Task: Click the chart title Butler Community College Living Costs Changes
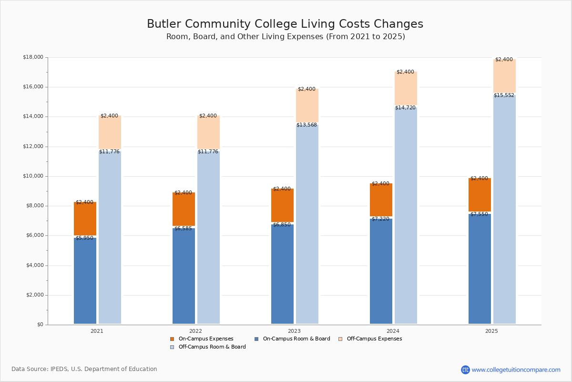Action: click(x=285, y=24)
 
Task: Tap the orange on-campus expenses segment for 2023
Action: click(x=282, y=205)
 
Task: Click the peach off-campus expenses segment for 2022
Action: click(x=208, y=132)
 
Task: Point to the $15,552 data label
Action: click(x=504, y=95)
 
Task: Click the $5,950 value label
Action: click(x=84, y=238)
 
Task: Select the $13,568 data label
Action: click(x=306, y=125)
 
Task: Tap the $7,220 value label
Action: click(x=380, y=219)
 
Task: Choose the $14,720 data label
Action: click(x=405, y=108)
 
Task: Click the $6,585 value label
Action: click(x=183, y=229)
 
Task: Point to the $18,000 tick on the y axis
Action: click(x=33, y=57)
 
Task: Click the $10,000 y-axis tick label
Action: click(x=33, y=176)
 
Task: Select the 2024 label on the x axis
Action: click(x=393, y=331)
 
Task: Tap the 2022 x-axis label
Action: click(x=195, y=331)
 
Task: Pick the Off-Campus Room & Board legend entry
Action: click(x=212, y=347)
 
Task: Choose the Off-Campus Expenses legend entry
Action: click(x=374, y=339)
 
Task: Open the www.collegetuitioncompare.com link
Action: click(x=516, y=370)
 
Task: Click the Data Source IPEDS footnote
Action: click(x=84, y=369)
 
